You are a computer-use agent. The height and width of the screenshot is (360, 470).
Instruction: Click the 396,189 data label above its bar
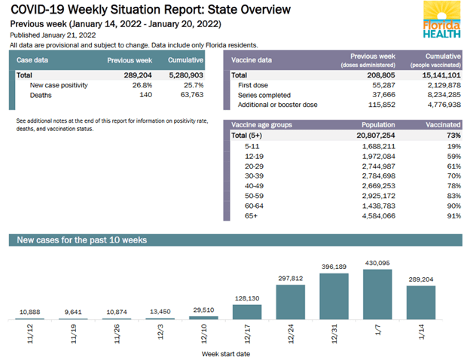[x=335, y=267]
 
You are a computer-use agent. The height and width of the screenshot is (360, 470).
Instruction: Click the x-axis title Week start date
[x=227, y=352]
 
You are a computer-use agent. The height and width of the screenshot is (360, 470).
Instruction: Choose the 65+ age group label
[x=252, y=215]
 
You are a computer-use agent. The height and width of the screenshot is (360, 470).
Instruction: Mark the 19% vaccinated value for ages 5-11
[x=453, y=147]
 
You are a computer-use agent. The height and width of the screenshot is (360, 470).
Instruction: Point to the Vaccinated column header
[x=442, y=125]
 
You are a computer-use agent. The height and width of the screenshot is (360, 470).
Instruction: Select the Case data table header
[x=35, y=59]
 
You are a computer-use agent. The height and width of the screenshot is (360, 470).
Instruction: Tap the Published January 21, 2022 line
[x=53, y=35]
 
